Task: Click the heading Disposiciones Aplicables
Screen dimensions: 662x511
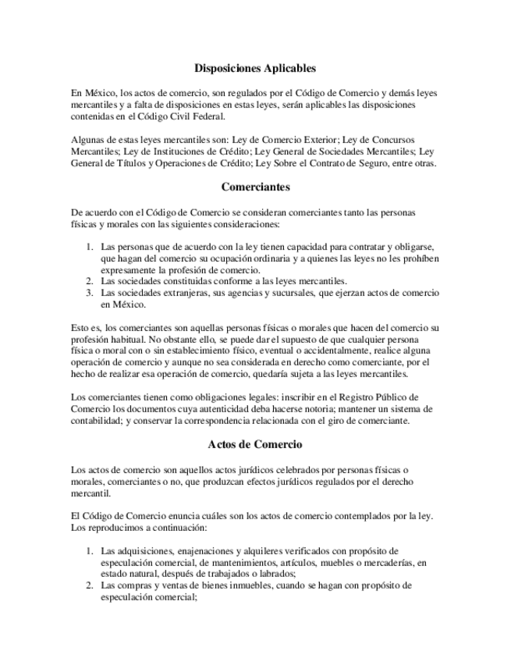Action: tap(255, 68)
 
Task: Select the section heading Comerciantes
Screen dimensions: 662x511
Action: tap(255, 187)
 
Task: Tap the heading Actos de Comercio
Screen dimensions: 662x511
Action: tap(255, 444)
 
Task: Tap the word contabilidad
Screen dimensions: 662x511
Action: tap(97, 421)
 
